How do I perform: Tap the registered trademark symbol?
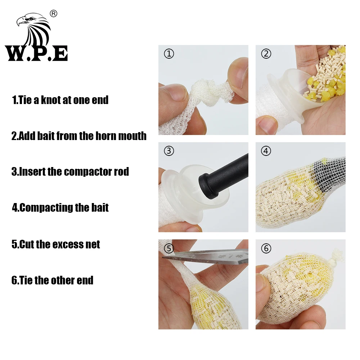pos(54,14)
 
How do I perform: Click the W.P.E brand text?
pos(36,53)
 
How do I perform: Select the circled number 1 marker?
pos(169,54)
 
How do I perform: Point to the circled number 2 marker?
pos(266,54)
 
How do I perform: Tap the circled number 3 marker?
pos(169,151)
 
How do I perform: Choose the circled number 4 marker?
pos(266,151)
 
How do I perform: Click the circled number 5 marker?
pos(169,248)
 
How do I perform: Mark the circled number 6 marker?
pos(266,248)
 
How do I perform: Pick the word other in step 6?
pos(60,280)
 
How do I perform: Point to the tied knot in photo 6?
pos(337,256)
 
